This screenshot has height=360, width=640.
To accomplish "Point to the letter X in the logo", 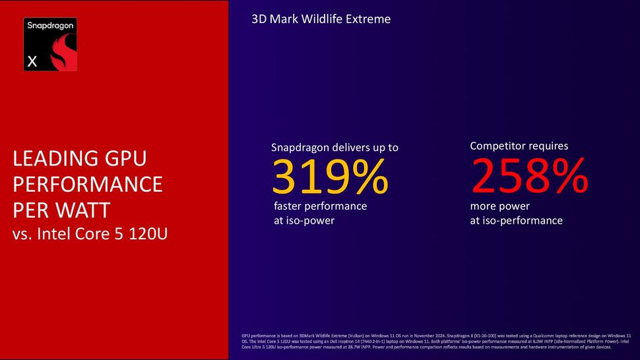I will coord(31,62).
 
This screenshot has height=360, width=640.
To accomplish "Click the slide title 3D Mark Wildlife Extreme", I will coord(321,19).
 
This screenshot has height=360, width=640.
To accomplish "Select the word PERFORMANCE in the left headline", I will coord(87,185).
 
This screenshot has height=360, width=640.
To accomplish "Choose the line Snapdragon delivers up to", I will coord(335,147).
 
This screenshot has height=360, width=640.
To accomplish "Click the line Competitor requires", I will coord(519,146).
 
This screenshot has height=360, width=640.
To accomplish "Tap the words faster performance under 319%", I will coord(320,206).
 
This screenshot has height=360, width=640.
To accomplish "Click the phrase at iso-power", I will coord(304,220).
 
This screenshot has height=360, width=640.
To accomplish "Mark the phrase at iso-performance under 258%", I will coord(516,220).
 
